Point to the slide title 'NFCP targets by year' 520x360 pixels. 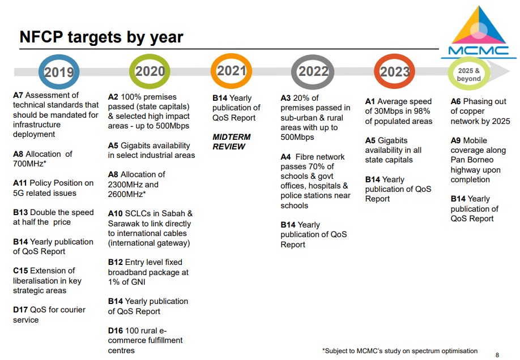point(101,37)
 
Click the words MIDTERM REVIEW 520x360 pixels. point(232,142)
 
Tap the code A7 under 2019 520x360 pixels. point(18,96)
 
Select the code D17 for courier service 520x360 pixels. point(20,310)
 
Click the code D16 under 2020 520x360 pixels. point(116,331)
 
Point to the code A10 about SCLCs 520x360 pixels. point(116,214)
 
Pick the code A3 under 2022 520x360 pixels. point(285,98)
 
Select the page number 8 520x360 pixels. point(497,355)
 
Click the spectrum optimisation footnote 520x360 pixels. point(400,351)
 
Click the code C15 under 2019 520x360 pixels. point(20,271)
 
